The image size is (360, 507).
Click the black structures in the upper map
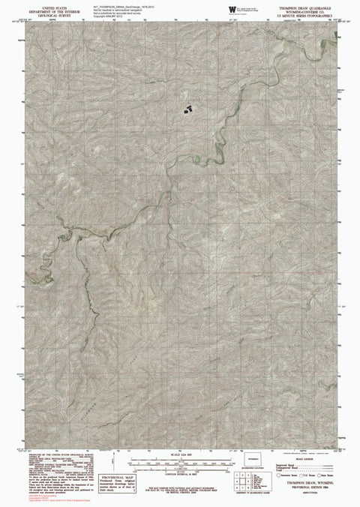coord(187,108)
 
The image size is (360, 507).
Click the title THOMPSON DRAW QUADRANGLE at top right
coord(301,7)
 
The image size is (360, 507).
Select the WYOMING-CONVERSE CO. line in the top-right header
coord(301,11)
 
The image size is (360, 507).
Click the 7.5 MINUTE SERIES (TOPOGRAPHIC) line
coord(301,16)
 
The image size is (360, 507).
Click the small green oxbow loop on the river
coord(196,158)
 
